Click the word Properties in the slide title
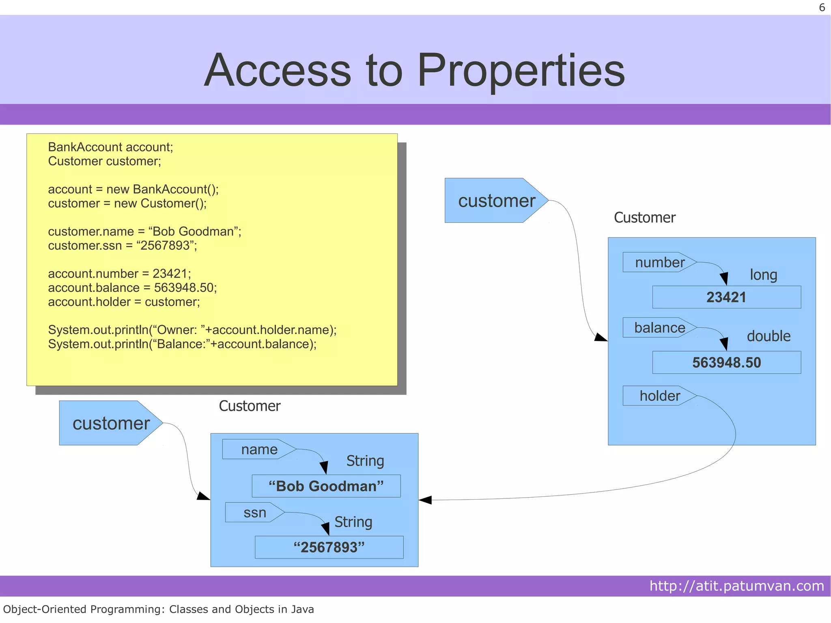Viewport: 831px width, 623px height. (x=521, y=71)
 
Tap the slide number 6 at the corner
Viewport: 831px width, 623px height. (x=822, y=8)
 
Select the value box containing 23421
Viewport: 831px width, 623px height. (x=726, y=297)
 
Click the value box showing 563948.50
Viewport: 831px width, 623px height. (x=726, y=362)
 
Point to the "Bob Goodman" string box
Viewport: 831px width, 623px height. (x=326, y=486)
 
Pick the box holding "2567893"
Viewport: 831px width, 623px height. (x=329, y=547)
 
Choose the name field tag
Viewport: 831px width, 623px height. (x=258, y=449)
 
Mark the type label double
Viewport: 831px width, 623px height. (x=769, y=336)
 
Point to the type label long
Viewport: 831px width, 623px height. (x=763, y=275)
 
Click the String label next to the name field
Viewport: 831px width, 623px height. (x=365, y=461)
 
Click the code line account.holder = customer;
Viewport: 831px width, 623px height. (x=124, y=302)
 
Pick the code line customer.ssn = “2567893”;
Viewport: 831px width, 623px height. (x=122, y=246)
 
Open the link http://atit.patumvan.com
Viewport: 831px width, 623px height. (x=736, y=586)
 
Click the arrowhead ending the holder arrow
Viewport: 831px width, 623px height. (x=425, y=500)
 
